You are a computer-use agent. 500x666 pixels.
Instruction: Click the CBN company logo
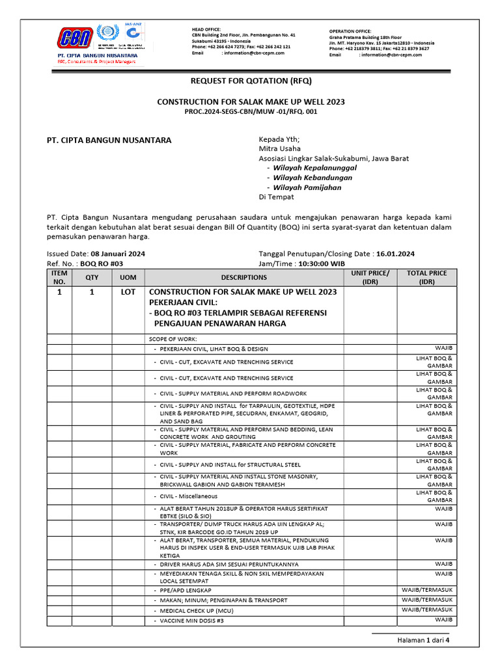tap(75, 38)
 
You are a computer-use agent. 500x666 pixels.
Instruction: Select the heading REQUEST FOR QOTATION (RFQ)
tap(251, 81)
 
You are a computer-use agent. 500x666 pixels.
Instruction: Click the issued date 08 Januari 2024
tap(118, 254)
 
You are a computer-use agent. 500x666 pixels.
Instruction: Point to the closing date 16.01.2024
tap(395, 254)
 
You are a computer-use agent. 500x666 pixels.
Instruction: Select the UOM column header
tap(128, 278)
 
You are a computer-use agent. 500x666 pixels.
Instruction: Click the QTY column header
tap(92, 278)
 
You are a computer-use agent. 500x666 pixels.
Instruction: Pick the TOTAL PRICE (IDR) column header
tap(427, 278)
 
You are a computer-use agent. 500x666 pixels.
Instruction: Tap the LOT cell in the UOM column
tap(128, 293)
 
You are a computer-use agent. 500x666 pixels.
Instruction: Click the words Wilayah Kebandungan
tap(312, 178)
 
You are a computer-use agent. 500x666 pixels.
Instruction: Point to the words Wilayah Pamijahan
tap(307, 187)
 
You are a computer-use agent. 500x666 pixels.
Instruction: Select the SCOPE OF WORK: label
tap(173, 339)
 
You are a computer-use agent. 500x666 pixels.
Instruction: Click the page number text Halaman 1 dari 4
tap(424, 640)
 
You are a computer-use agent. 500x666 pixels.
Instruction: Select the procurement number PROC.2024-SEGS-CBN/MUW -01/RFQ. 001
tap(251, 112)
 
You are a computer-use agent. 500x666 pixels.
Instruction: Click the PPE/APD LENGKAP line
tap(186, 590)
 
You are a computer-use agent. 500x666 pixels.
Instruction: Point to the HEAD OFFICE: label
tap(206, 29)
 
